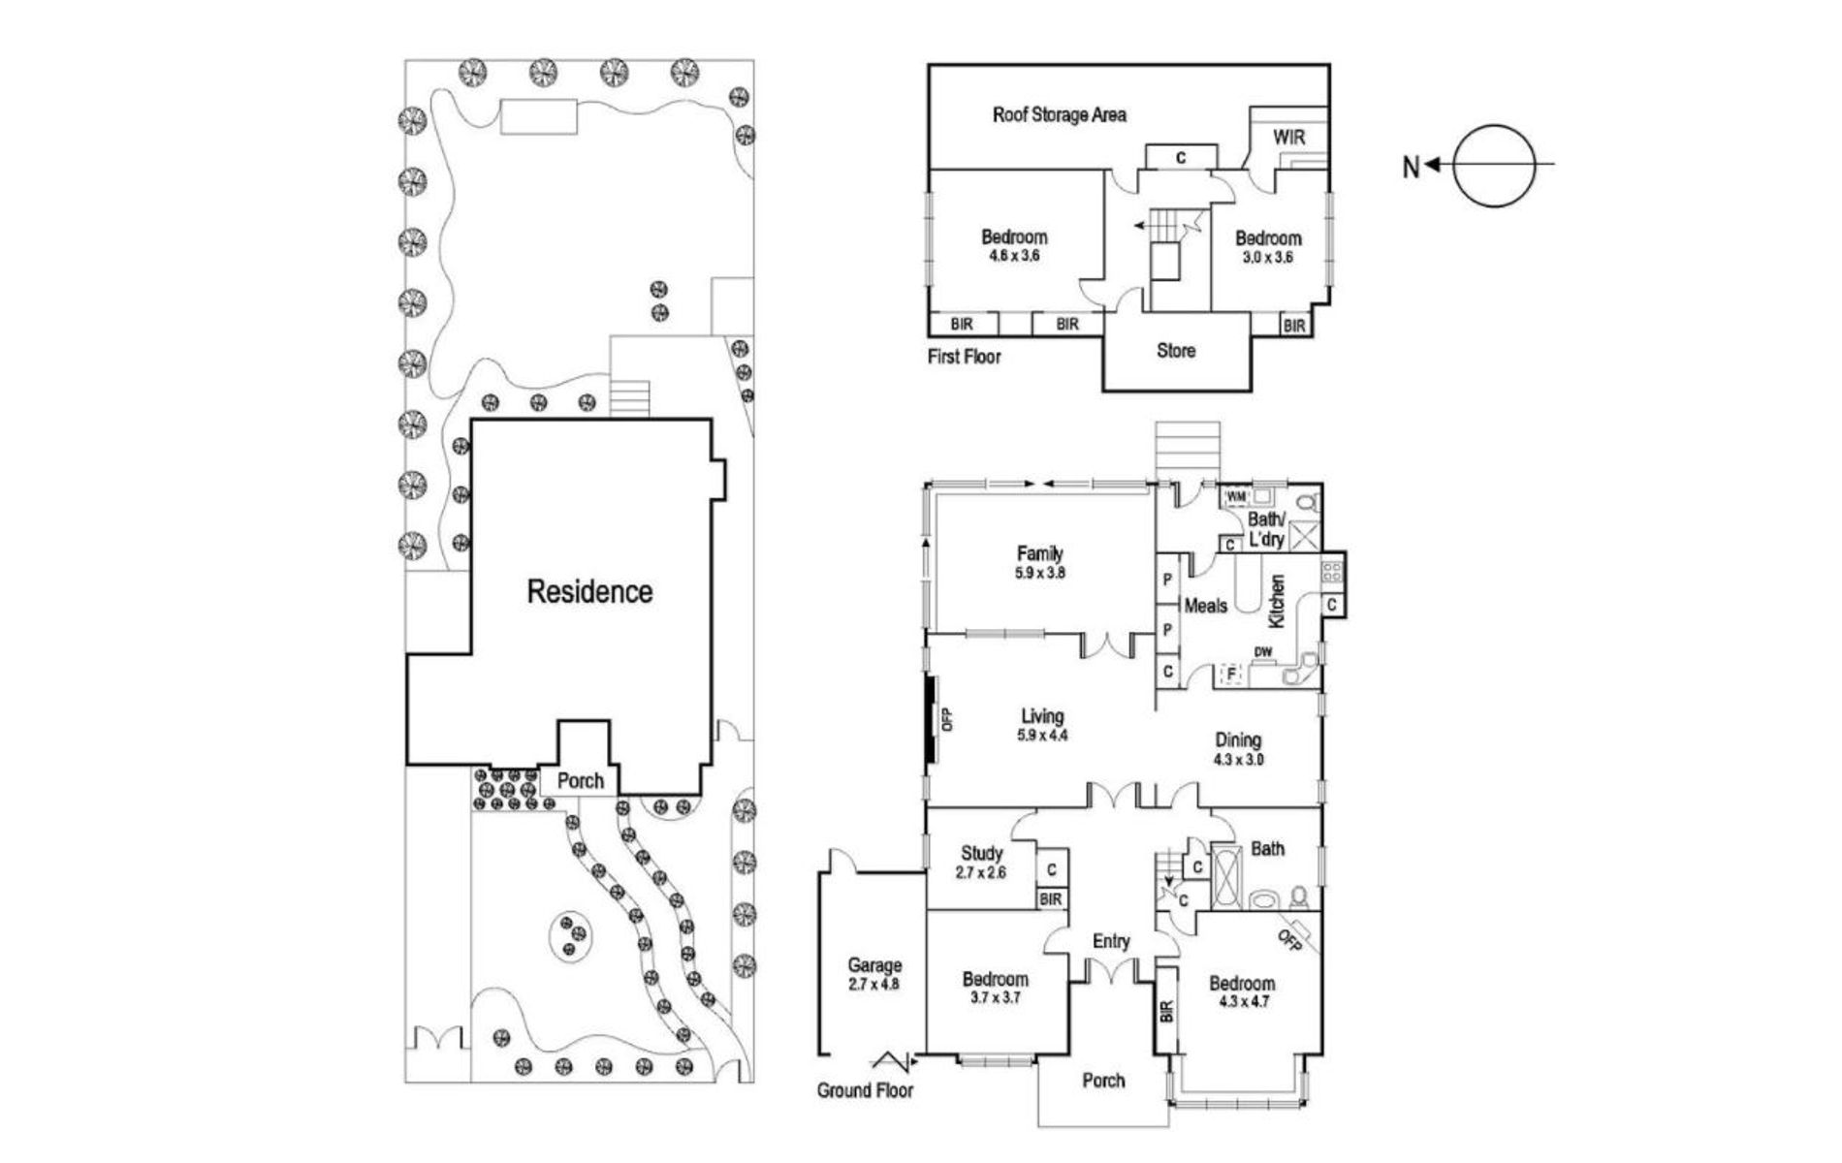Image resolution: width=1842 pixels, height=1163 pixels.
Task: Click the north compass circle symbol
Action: pos(1496,166)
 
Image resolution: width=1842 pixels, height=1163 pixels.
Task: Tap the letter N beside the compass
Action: pos(1411,168)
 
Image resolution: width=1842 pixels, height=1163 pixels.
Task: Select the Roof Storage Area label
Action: pos(1059,115)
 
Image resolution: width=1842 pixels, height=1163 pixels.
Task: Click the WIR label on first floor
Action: pos(1288,138)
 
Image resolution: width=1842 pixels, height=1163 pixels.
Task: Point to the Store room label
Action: pos(1175,351)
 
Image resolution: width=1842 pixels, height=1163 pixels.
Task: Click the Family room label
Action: pos(1039,554)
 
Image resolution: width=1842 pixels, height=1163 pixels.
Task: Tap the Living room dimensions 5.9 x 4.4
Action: pos(1042,736)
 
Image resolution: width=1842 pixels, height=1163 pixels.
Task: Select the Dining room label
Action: pos(1238,740)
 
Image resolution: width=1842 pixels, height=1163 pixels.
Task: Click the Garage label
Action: pos(874,965)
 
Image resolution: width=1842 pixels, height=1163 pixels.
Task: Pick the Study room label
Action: pos(981,854)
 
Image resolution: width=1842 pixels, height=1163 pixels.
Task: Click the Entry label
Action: pos(1111,941)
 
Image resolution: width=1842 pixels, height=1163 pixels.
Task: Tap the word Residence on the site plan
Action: pos(589,591)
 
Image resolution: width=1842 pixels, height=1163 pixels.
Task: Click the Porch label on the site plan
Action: pos(581,780)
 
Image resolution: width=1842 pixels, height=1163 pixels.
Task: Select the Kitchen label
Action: pos(1277,600)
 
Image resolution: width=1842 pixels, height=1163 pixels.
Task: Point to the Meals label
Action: pos(1206,606)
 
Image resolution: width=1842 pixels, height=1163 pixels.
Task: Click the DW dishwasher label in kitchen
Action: pos(1263,652)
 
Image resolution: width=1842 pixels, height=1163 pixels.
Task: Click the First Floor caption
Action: pos(964,357)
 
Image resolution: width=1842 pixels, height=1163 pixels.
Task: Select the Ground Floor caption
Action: pos(865,1090)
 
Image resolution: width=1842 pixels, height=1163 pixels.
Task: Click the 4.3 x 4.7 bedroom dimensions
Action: pos(1241,1001)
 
